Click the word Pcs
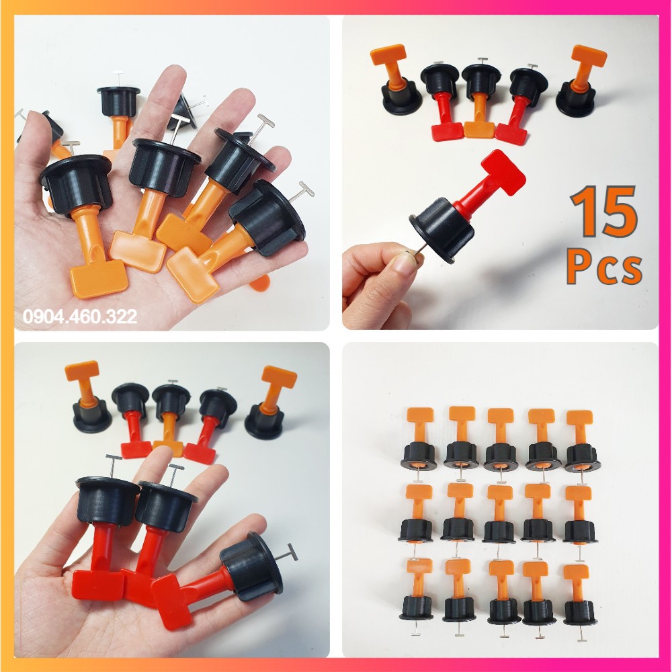(603, 267)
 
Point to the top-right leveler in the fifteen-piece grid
(581, 440)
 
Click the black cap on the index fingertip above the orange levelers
(118, 101)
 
